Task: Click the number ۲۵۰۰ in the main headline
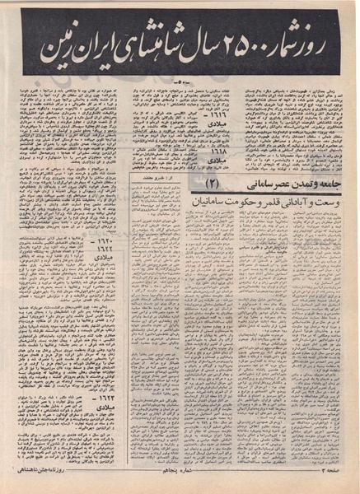[232, 42]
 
